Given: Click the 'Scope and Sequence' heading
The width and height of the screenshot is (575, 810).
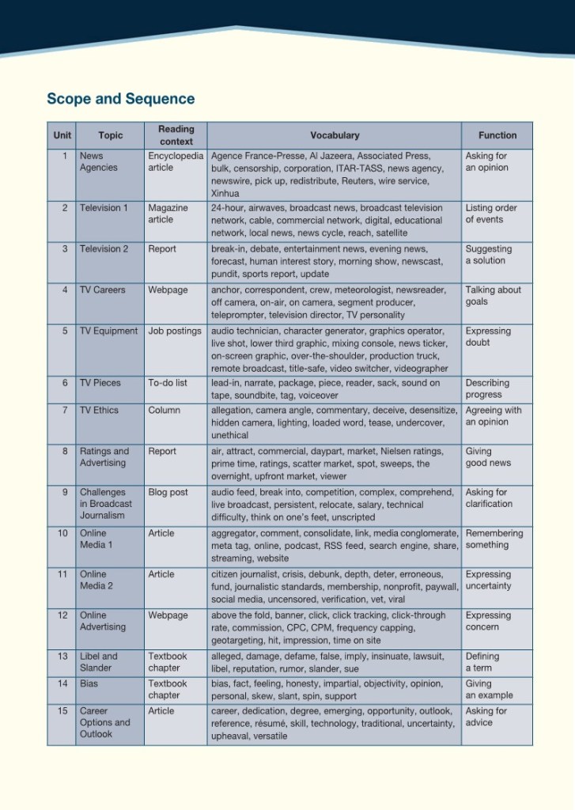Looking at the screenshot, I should click(120, 99).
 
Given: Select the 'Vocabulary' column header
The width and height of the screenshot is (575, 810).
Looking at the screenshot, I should click(335, 135).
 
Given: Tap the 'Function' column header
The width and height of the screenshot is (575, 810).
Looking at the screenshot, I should click(497, 135).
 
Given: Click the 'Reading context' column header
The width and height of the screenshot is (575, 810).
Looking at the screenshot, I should click(176, 135).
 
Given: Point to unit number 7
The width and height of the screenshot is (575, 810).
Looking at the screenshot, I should click(64, 410).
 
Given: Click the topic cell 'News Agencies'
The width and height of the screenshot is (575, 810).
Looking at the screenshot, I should click(98, 161).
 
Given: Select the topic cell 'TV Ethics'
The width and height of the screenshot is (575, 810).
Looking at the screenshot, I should click(100, 410).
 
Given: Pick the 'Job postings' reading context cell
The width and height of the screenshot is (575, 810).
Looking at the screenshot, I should click(175, 331).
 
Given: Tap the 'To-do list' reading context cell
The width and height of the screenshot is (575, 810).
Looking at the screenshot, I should click(168, 383).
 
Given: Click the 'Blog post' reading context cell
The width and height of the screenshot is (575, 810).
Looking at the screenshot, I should click(168, 492).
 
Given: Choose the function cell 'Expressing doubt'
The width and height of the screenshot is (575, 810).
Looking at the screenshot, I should click(488, 337).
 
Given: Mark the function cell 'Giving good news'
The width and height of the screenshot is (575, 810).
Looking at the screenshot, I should click(488, 457).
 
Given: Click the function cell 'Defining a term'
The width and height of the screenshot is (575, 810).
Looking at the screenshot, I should click(482, 662).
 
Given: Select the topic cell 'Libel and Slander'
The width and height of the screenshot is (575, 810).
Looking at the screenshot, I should click(98, 662).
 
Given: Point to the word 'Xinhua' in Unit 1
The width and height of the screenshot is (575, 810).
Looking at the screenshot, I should click(225, 193).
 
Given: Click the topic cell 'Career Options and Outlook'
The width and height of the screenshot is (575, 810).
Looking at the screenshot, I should click(104, 722).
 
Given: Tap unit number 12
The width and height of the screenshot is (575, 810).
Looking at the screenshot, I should click(63, 615).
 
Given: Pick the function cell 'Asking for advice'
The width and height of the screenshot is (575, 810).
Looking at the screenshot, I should click(486, 717).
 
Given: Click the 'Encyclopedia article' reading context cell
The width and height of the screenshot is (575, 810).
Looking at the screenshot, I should click(176, 161).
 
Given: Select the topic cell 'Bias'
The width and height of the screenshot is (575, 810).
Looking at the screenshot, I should click(89, 683).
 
